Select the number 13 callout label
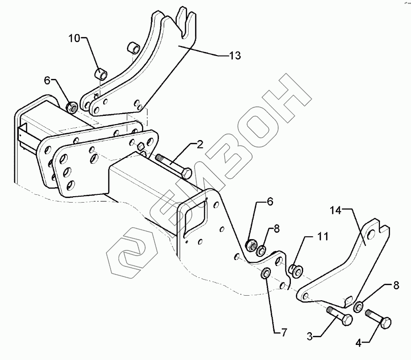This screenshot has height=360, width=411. pos(234,55)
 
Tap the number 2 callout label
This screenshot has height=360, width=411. pos(200,146)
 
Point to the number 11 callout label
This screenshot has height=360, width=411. pos(323,236)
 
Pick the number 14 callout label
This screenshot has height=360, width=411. pos(336,210)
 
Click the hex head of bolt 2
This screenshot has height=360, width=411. pos(186,173)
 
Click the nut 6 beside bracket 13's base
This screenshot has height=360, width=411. pos(72,108)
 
